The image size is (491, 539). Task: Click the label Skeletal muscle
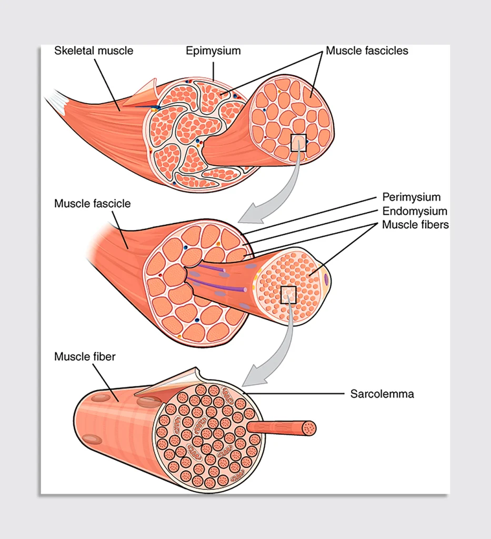pyautogui.click(x=94, y=51)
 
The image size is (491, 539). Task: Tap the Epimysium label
pyautogui.click(x=213, y=51)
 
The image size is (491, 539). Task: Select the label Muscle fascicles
pyautogui.click(x=367, y=51)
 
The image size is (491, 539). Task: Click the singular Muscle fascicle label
pyautogui.click(x=92, y=203)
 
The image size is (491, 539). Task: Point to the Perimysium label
pyautogui.click(x=411, y=197)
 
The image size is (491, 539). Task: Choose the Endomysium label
pyautogui.click(x=414, y=211)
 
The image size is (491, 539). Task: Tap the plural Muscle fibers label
pyautogui.click(x=415, y=225)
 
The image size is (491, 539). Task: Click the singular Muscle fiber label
pyautogui.click(x=85, y=357)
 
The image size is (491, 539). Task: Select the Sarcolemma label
pyautogui.click(x=382, y=394)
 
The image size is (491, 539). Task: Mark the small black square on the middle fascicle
pyautogui.click(x=288, y=295)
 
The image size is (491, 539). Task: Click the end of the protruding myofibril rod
pyautogui.click(x=309, y=428)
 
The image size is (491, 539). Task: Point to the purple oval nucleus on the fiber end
pyautogui.click(x=327, y=279)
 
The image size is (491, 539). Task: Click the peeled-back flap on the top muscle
pyautogui.click(x=143, y=93)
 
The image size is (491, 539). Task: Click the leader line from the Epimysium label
pyautogui.click(x=214, y=70)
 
